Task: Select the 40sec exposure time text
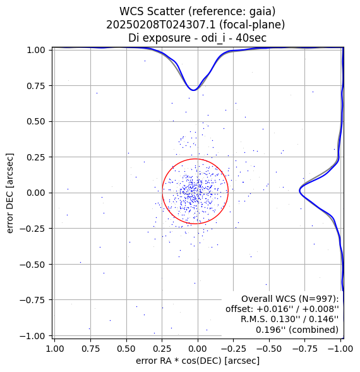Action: tap(251, 38)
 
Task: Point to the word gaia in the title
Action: tap(263, 11)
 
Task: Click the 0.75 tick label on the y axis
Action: tap(36, 86)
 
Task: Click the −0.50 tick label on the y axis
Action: tap(32, 264)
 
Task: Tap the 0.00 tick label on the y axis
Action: tap(36, 193)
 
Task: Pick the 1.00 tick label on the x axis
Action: tap(55, 349)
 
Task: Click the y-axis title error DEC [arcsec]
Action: tap(10, 193)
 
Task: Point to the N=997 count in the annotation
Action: tap(316, 299)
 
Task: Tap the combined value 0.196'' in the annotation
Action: tap(270, 330)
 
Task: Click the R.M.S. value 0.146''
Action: tap(324, 319)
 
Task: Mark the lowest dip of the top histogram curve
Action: tap(194, 90)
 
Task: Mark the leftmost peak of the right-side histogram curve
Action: tap(299, 190)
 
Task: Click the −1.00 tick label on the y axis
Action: tap(32, 336)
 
